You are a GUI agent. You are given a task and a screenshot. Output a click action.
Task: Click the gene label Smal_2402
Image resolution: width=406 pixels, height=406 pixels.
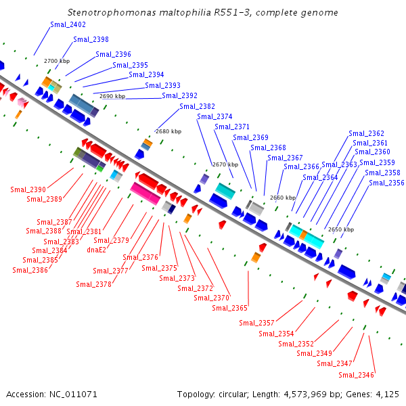(68, 24)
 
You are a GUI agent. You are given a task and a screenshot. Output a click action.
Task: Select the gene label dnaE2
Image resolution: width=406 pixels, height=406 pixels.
(97, 250)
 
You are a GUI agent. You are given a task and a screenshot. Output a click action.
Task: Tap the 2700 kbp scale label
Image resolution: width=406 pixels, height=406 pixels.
(57, 61)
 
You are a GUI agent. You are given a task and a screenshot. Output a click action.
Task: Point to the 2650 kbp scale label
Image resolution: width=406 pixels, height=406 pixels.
(341, 229)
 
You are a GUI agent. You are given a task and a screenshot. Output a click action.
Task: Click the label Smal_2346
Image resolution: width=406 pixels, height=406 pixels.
(357, 375)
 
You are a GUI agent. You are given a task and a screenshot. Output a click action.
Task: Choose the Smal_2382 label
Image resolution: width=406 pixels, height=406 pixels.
(197, 106)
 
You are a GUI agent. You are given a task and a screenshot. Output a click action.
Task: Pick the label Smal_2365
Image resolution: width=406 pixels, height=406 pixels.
(229, 308)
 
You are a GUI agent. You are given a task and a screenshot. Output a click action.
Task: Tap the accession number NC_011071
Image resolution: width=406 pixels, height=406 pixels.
(73, 394)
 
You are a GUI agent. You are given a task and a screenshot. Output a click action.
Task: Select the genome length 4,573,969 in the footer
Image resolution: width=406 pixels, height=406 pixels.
(305, 394)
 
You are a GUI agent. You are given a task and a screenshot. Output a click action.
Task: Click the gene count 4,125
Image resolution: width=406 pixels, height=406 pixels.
(387, 394)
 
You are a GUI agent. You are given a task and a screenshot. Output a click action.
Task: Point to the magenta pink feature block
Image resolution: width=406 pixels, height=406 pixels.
(145, 194)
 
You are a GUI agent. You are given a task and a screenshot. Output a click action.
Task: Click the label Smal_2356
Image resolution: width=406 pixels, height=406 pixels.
(386, 183)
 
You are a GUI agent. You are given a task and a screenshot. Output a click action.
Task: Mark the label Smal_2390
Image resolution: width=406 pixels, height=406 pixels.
(28, 189)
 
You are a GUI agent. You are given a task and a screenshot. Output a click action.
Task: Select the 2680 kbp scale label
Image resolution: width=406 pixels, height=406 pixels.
(168, 131)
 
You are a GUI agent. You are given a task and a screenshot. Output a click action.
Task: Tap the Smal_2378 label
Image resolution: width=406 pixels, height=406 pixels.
(94, 284)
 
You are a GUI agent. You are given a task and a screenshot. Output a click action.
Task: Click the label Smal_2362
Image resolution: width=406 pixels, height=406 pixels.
(366, 133)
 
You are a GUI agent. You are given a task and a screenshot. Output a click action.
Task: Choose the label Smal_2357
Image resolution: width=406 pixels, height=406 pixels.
(256, 323)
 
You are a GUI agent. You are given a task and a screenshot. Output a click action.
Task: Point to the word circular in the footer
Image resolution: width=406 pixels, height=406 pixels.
(234, 394)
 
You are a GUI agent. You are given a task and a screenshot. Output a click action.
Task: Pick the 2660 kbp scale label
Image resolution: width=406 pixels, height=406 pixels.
(283, 198)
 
